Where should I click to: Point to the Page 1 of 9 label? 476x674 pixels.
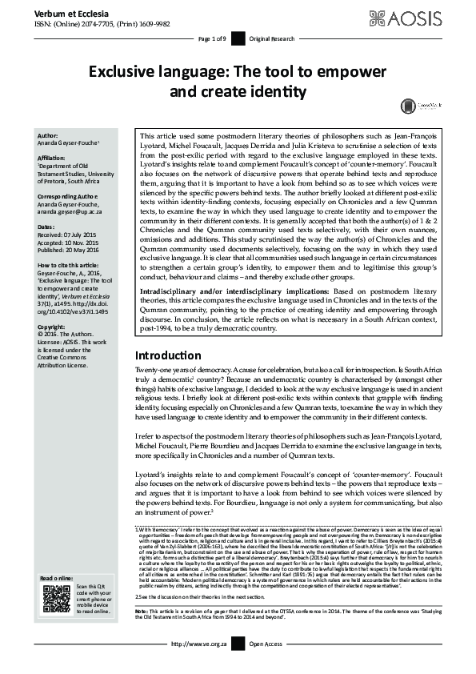(212, 38)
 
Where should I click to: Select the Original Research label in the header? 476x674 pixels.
(271, 38)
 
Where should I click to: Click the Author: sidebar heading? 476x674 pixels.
(48, 136)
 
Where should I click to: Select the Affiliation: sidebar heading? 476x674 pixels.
(54, 158)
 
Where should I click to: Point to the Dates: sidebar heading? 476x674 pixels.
(46, 227)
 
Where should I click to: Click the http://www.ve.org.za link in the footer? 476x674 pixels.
(198, 665)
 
